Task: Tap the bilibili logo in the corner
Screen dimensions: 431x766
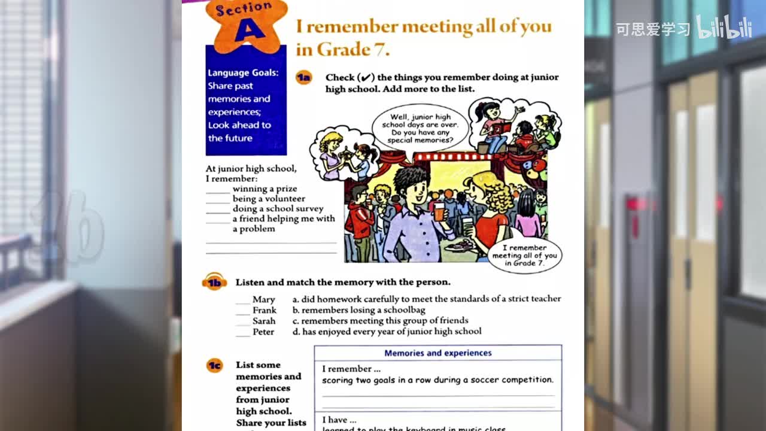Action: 724,28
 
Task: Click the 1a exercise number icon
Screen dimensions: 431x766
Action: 303,77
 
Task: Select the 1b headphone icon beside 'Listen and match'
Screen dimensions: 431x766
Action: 214,282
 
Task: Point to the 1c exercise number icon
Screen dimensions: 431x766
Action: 214,365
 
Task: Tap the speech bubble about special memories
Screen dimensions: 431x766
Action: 420,129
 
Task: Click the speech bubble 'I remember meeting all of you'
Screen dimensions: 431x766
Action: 524,256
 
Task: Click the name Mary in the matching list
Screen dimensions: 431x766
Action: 263,299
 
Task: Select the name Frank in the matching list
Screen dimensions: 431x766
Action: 265,310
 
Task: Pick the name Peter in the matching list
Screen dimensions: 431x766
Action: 263,332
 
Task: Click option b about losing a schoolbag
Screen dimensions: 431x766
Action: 358,310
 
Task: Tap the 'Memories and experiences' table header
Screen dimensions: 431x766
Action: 437,353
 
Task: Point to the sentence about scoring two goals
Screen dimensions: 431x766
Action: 437,380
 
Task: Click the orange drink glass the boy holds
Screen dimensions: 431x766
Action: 439,211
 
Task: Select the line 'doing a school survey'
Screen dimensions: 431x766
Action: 278,209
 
